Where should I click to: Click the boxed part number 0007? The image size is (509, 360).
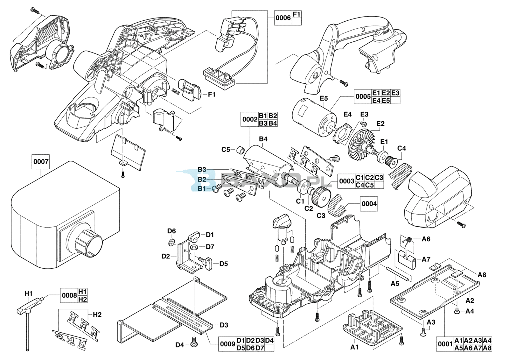coord(41,162)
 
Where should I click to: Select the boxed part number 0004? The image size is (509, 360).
coord(369,204)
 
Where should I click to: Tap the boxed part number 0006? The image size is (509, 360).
coord(283,18)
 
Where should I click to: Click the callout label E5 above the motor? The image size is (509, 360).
coord(324,98)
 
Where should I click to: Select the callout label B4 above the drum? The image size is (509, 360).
coord(263,139)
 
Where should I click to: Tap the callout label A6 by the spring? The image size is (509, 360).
coord(426,239)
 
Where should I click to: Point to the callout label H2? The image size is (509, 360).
coord(97,314)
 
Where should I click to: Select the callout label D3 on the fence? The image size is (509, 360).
coord(224,325)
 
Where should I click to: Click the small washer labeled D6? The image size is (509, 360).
coord(172,243)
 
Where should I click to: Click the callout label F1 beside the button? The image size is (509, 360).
coord(212,95)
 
